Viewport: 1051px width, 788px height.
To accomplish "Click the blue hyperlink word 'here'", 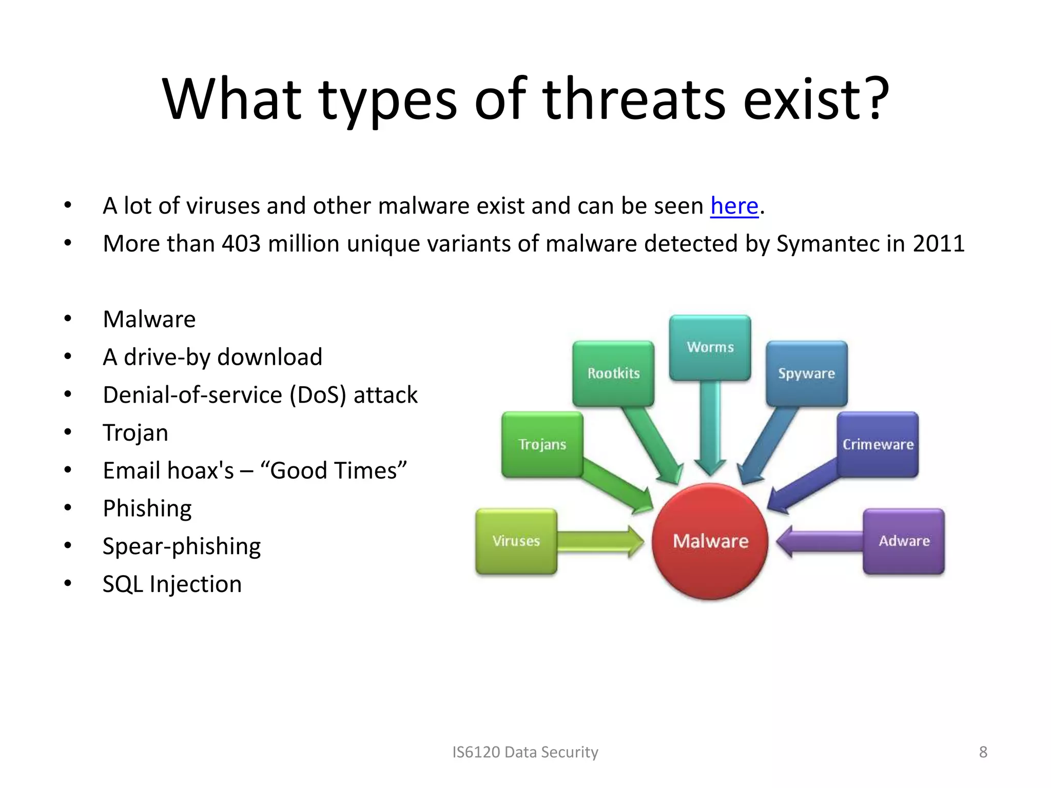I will pyautogui.click(x=734, y=206).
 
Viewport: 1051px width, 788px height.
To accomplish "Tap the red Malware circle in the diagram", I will pyautogui.click(x=710, y=541).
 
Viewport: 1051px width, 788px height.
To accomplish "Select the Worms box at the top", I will pyautogui.click(x=710, y=347).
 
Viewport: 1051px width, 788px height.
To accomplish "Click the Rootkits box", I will pyautogui.click(x=613, y=373).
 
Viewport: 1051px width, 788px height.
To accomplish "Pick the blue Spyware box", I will pyautogui.click(x=806, y=373).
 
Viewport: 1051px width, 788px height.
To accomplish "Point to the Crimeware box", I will pyautogui.click(x=878, y=444).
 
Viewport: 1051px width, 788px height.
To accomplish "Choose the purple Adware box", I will pyautogui.click(x=904, y=541).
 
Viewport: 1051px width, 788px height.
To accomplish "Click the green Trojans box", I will pyautogui.click(x=542, y=444).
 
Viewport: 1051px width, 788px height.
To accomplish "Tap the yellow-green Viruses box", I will pyautogui.click(x=516, y=541).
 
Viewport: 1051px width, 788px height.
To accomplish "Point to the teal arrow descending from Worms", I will pyautogui.click(x=710, y=426).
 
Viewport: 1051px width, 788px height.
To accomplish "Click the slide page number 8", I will pyautogui.click(x=983, y=752).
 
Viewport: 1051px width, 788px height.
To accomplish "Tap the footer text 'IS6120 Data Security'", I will pyautogui.click(x=525, y=752).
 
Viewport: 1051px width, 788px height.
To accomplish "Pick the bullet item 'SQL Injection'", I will pyautogui.click(x=172, y=584).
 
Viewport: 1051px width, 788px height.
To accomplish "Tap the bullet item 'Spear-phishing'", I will pyautogui.click(x=182, y=546).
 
